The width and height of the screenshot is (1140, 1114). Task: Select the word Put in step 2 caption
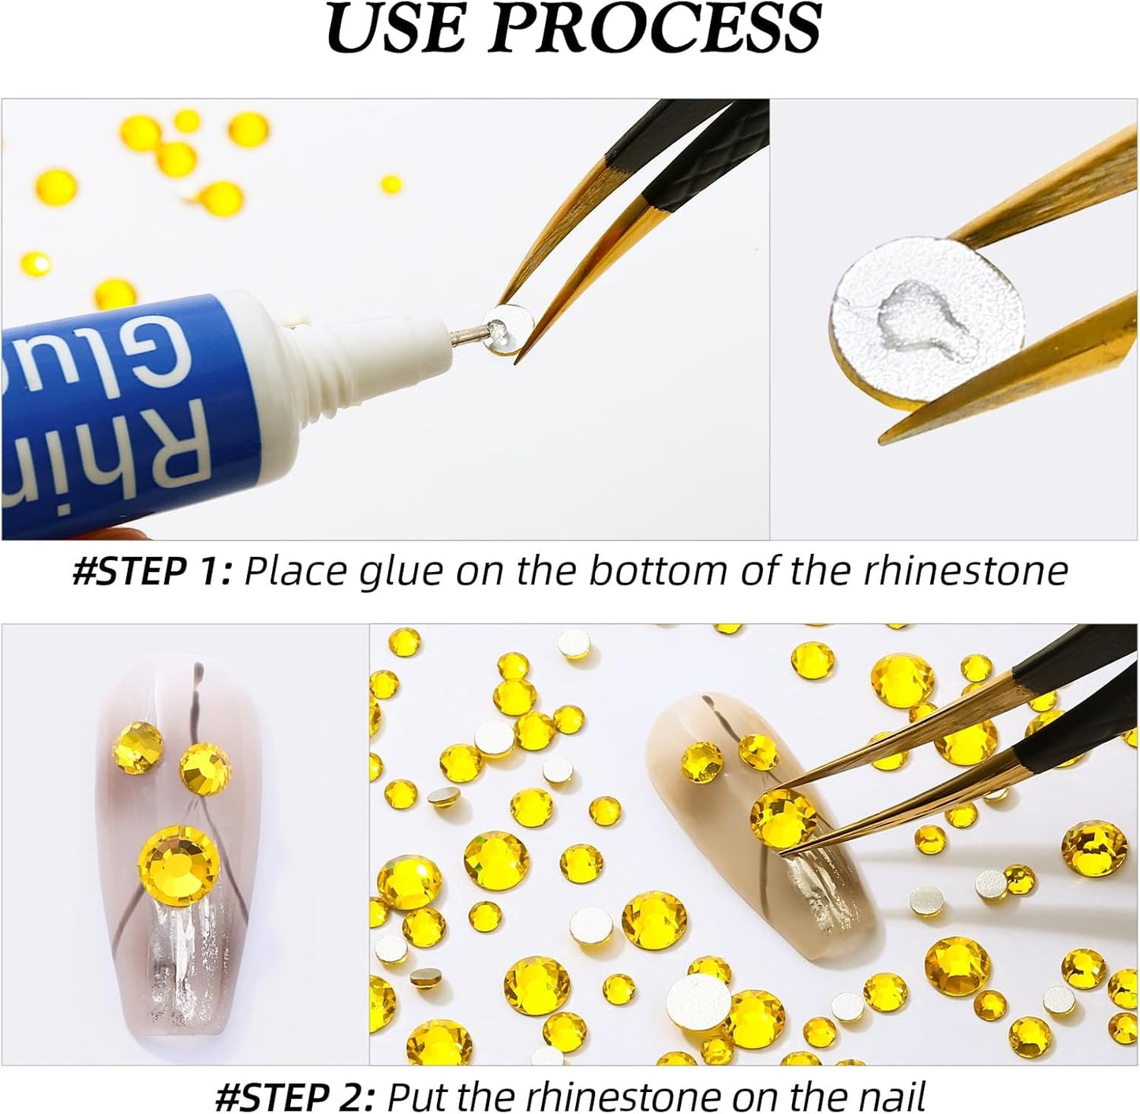pos(413,1096)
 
